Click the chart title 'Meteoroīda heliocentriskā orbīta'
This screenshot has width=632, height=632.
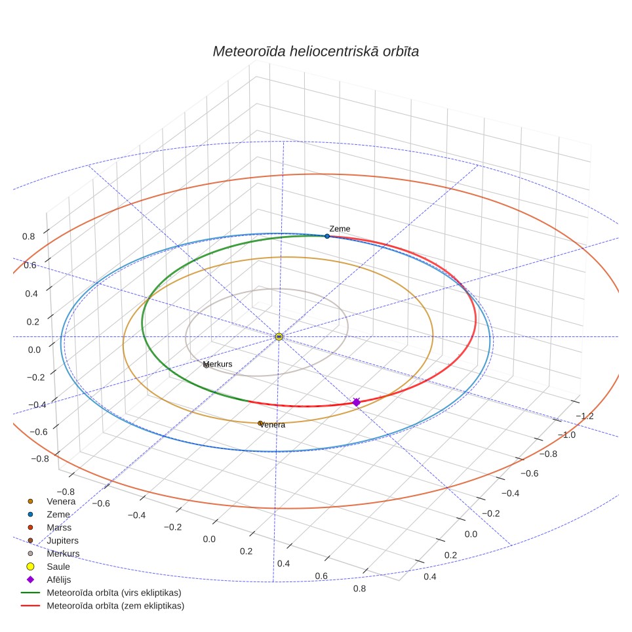click(315, 52)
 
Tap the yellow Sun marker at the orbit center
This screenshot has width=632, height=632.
click(279, 336)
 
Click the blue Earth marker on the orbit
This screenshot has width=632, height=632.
click(327, 236)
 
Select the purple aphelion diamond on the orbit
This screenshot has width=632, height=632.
click(356, 403)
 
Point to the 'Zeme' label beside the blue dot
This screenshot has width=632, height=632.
click(340, 229)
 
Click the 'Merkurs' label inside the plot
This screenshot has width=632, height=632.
click(218, 364)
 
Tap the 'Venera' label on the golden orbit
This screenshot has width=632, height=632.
click(273, 425)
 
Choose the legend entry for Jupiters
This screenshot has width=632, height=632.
click(62, 540)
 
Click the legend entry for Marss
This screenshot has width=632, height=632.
click(59, 528)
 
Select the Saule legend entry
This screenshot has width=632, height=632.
click(58, 566)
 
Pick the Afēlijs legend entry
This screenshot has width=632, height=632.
click(59, 580)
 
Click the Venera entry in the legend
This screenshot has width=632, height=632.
click(61, 502)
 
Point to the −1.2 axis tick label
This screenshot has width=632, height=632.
click(585, 416)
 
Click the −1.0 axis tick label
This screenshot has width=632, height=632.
click(566, 435)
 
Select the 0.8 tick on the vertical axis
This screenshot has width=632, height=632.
click(29, 237)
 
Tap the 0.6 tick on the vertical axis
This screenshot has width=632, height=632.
click(30, 266)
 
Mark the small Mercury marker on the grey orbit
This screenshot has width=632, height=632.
click(207, 366)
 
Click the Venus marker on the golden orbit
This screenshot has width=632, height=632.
click(260, 424)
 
